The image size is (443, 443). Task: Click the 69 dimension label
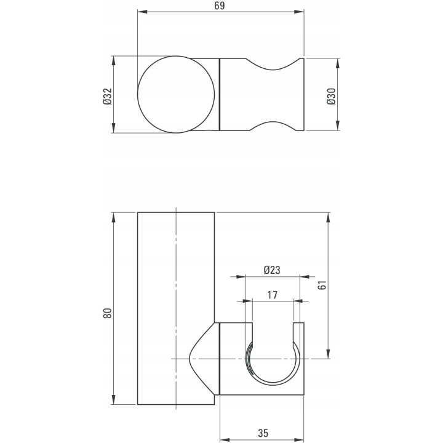click(220, 6)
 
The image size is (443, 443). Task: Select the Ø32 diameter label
click(108, 97)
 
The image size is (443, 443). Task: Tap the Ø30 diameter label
click(331, 97)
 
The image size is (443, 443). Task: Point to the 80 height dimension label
click(108, 313)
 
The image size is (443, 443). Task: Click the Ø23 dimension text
click(272, 270)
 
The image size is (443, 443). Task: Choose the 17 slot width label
click(273, 295)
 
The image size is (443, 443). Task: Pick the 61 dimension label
click(322, 285)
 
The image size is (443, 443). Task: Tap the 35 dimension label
click(263, 433)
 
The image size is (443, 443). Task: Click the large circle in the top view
click(138, 94)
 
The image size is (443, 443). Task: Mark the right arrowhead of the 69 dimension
click(299, 12)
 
